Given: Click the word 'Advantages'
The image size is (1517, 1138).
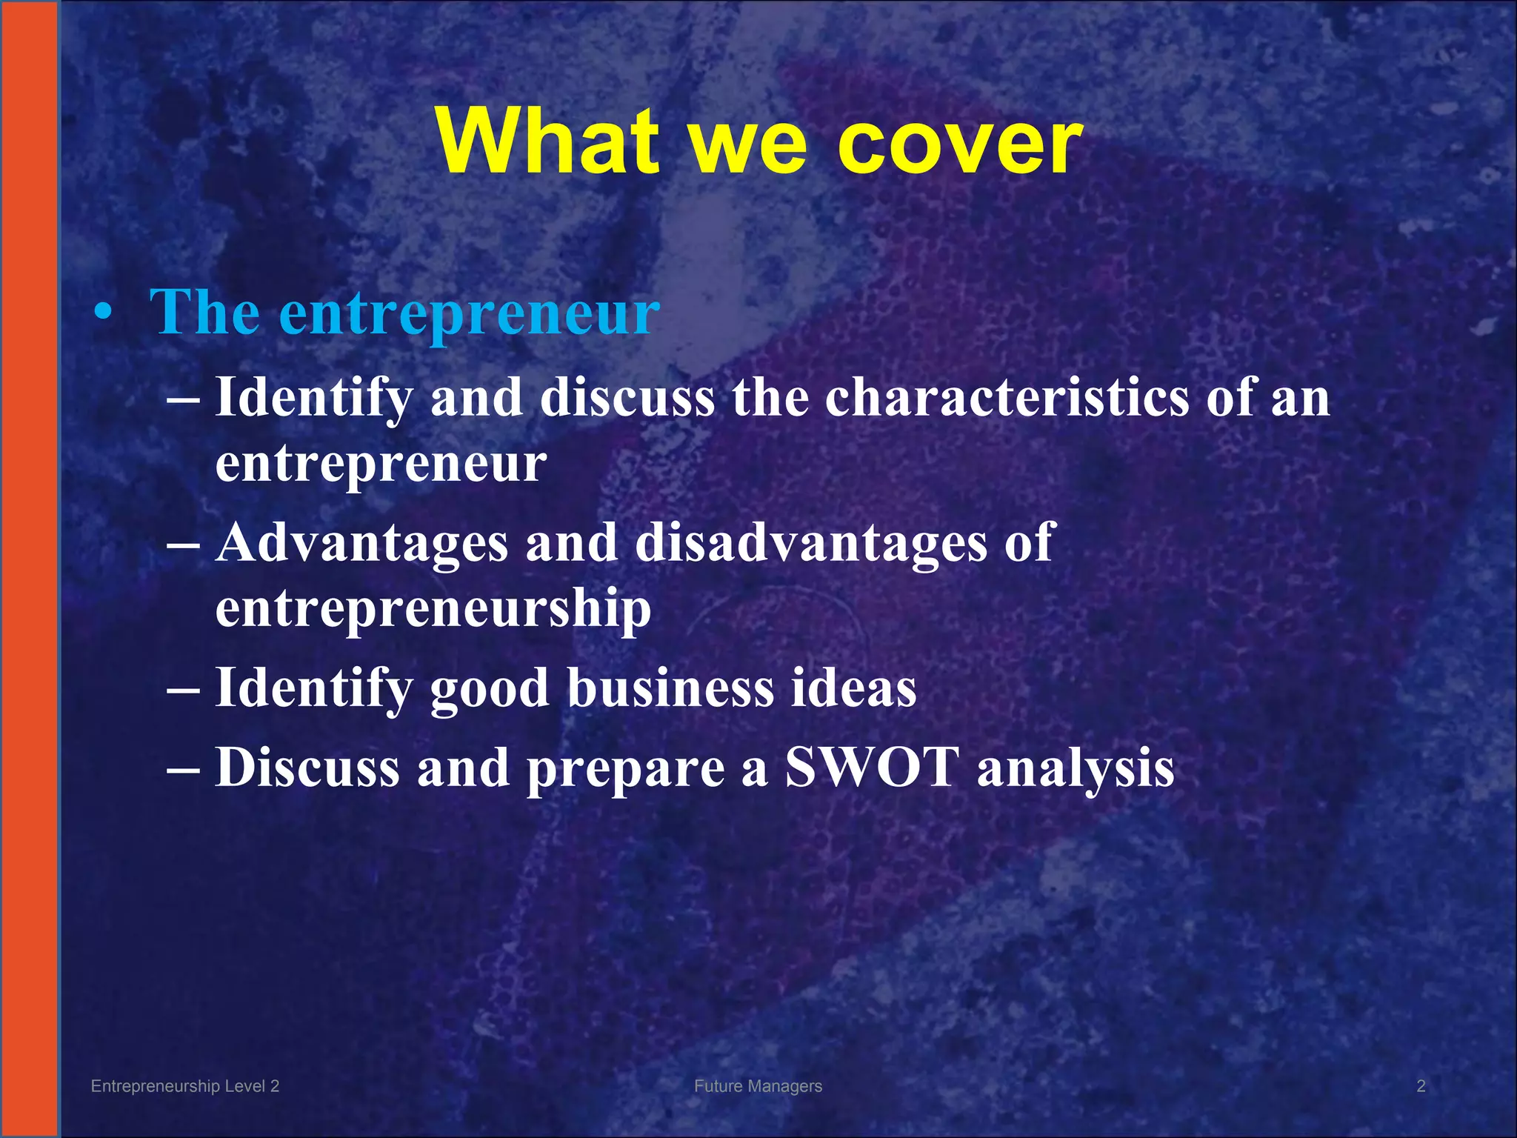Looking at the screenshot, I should click(362, 543).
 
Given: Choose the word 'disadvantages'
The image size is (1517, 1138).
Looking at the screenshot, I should click(810, 543).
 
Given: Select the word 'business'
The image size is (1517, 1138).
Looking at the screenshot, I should click(670, 688).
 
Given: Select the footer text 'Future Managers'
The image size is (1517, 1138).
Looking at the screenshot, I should click(758, 1086).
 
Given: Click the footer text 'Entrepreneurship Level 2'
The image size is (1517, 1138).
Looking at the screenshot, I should click(185, 1086).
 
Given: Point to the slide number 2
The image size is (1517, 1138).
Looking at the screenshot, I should click(1421, 1086).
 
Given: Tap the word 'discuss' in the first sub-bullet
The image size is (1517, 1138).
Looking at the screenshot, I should click(627, 398).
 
